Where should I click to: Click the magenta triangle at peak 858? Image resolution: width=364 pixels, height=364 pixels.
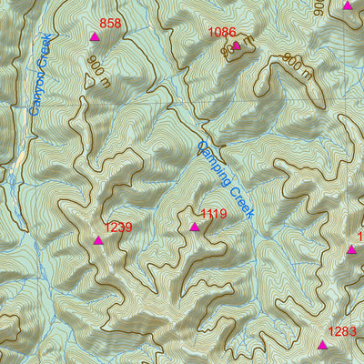click(95, 37)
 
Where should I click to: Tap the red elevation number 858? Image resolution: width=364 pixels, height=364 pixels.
click(110, 24)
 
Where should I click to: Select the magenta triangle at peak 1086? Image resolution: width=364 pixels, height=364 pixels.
click(237, 45)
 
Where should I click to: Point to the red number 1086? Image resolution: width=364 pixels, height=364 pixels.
click(222, 32)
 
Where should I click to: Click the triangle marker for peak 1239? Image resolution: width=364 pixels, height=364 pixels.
click(98, 240)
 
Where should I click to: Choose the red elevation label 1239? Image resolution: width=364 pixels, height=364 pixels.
click(119, 227)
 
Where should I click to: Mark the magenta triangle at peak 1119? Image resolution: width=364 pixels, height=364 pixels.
click(194, 227)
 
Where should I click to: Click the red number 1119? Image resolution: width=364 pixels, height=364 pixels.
click(213, 214)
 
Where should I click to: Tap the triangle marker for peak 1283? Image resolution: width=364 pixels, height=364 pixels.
click(322, 345)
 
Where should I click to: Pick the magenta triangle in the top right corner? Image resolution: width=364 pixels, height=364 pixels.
click(348, 5)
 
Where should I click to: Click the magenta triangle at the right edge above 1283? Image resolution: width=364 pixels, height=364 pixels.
click(352, 248)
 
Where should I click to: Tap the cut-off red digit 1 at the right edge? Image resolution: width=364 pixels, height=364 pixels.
click(360, 237)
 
